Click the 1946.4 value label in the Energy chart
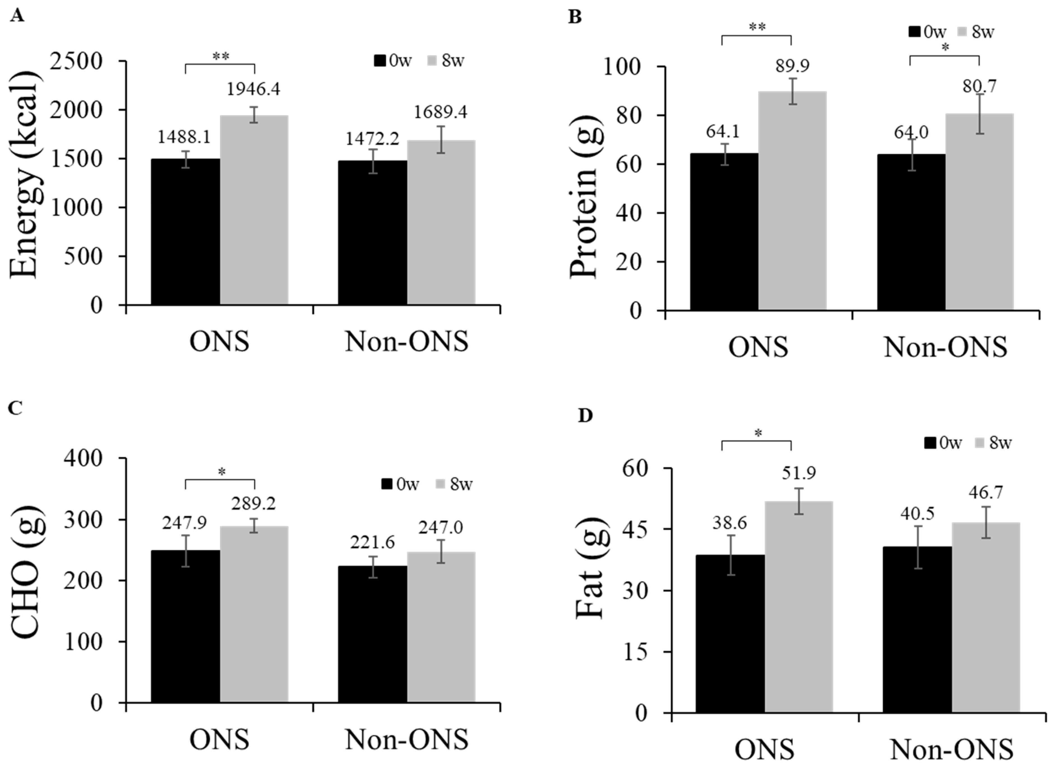[253, 89]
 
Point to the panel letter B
[575, 17]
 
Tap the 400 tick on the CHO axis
[90, 458]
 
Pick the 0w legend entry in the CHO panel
[400, 484]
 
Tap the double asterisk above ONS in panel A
[220, 57]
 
